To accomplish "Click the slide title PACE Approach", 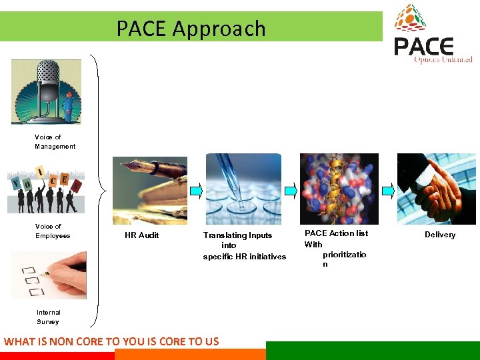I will pos(191,29).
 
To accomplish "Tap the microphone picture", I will pos(46,91).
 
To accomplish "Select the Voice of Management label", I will pos(55,142).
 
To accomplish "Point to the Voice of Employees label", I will pos(52,231).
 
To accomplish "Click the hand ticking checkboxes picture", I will pos(49,275).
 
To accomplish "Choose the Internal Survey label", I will pos(48,317).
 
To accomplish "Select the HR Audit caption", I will pos(141,235).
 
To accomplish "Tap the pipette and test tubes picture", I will pos(243,189).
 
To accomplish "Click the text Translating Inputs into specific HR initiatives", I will pos(244,246).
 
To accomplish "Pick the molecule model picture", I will pos(339,189).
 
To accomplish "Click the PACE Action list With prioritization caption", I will pos(336,248).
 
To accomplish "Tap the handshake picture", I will pos(436,189).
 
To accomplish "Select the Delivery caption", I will pos(440,235).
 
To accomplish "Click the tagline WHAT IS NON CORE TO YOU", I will pos(111,341).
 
